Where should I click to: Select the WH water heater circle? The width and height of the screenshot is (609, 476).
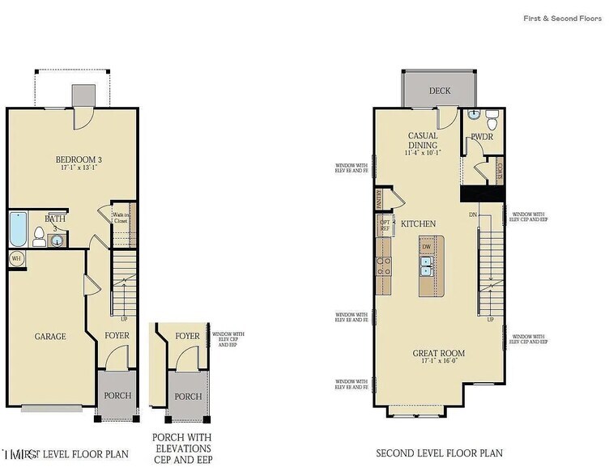click(x=16, y=259)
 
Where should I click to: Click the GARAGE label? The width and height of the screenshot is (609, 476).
click(x=49, y=336)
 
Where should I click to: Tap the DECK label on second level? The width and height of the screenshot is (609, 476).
click(x=440, y=91)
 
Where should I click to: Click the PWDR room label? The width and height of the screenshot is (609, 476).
click(x=483, y=138)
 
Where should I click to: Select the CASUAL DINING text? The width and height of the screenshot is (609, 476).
click(x=422, y=140)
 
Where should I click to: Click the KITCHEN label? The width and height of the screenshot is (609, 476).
click(x=419, y=223)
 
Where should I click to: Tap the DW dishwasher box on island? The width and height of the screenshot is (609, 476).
click(x=426, y=247)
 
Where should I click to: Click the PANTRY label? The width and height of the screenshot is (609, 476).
click(x=378, y=196)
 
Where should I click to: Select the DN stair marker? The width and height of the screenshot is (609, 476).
click(x=473, y=215)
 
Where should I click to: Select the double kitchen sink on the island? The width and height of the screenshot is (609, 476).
click(x=426, y=261)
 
